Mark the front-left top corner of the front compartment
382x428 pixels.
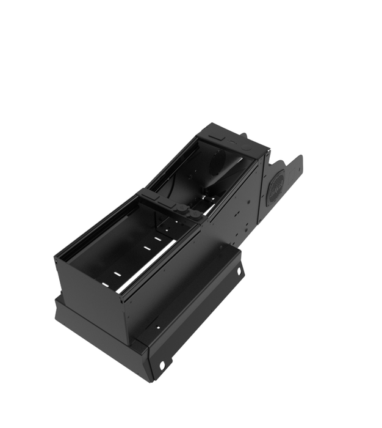click(56, 257)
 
